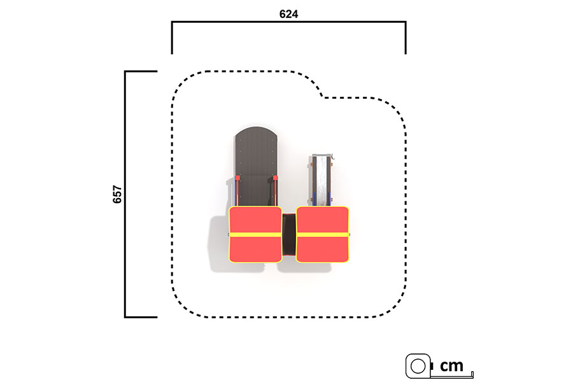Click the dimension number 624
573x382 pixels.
click(288, 14)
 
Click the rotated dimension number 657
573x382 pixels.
click(117, 194)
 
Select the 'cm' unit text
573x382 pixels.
click(451, 365)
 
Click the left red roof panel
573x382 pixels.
click(255, 234)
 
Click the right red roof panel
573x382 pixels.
click(322, 234)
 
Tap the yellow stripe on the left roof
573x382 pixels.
click(255, 234)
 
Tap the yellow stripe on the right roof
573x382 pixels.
click(322, 234)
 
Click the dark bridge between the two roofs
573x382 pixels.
click(288, 234)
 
